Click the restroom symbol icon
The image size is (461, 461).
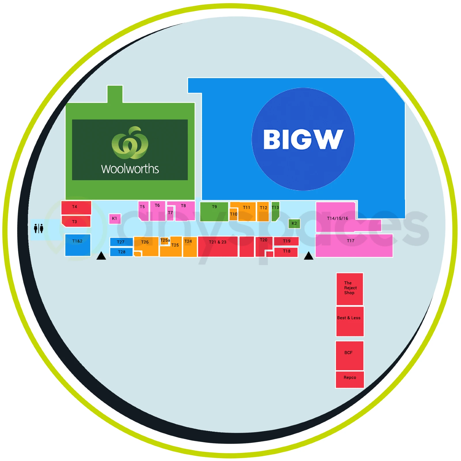pyautogui.click(x=38, y=228)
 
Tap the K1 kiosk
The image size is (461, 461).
pyautogui.click(x=115, y=219)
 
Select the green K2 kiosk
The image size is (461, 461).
pyautogui.click(x=294, y=223)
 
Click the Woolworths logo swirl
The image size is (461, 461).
pyautogui.click(x=130, y=142)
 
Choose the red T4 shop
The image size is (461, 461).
pyautogui.click(x=76, y=207)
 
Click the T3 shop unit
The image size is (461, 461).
pyautogui.click(x=76, y=221)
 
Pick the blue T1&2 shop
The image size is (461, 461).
pyautogui.click(x=78, y=245)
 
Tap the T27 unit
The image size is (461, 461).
pyautogui.click(x=121, y=242)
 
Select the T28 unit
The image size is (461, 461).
pyautogui.click(x=121, y=252)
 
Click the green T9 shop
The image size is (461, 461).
pyautogui.click(x=214, y=211)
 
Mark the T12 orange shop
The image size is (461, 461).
pyautogui.click(x=263, y=211)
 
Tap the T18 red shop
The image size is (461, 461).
pyautogui.click(x=286, y=252)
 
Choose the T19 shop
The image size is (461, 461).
pyautogui.click(x=286, y=241)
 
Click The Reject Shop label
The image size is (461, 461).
pyautogui.click(x=350, y=288)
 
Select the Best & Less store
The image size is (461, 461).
pyautogui.click(x=350, y=321)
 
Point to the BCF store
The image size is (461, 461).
pyautogui.click(x=349, y=356)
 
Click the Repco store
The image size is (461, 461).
pyautogui.click(x=350, y=379)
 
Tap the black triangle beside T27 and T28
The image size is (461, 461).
pyautogui.click(x=101, y=256)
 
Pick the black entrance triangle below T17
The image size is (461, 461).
pyautogui.click(x=309, y=256)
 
